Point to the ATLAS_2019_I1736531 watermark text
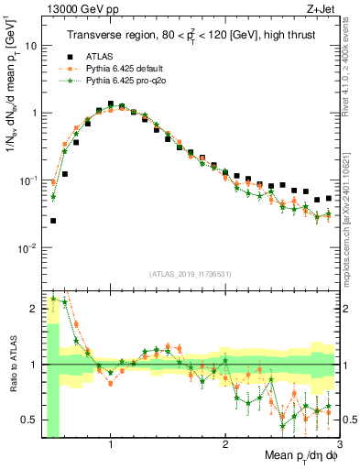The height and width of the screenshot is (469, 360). point(190,274)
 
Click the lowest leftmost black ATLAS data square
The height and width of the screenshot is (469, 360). point(53,221)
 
